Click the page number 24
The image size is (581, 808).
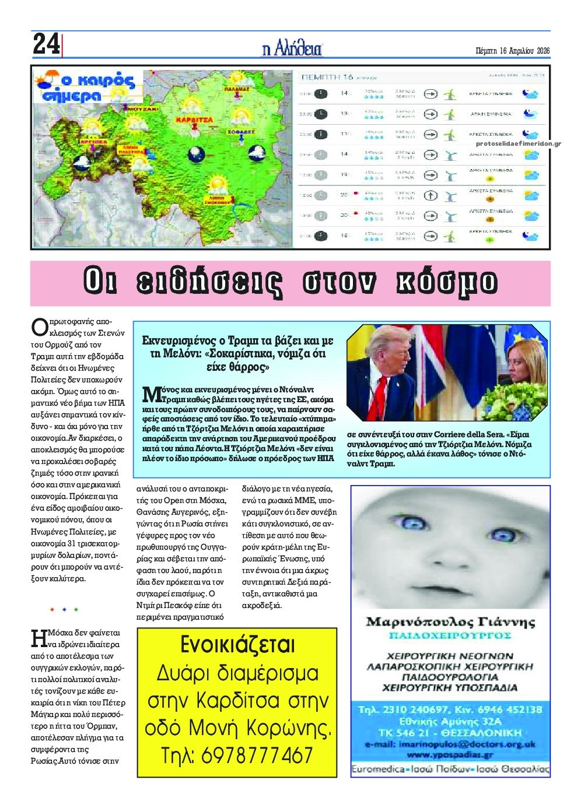[x=45, y=44]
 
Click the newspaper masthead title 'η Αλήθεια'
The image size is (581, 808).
[x=292, y=50]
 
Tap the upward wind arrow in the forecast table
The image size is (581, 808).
[x=430, y=195]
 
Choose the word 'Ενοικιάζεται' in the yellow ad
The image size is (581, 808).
[x=237, y=646]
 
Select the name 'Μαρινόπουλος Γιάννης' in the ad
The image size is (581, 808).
[x=450, y=621]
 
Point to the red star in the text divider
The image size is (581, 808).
[x=52, y=610]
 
